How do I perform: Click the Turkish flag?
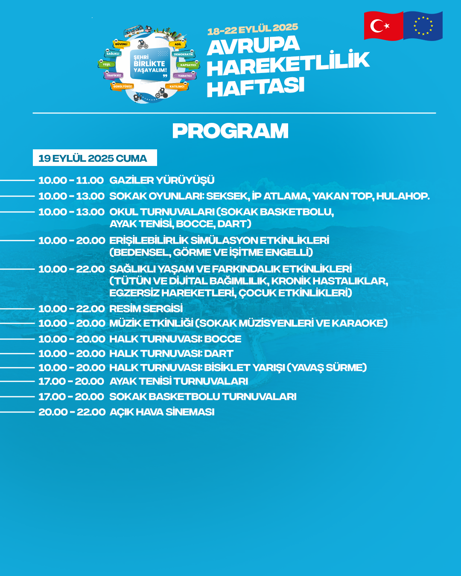[383, 26]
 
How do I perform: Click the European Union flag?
[423, 26]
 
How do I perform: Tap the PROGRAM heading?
[230, 131]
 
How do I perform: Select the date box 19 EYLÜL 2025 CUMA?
[95, 158]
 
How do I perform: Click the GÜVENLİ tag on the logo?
[121, 44]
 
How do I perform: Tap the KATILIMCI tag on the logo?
[177, 87]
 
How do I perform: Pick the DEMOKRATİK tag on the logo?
[184, 54]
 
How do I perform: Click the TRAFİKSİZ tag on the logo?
[114, 76]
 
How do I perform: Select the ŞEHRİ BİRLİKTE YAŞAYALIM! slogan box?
[150, 64]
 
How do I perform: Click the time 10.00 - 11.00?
[71, 180]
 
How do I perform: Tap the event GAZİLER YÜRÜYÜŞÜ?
[162, 180]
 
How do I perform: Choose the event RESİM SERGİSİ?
[146, 308]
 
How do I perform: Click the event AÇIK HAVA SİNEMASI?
[162, 412]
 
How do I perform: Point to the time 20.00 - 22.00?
[72, 412]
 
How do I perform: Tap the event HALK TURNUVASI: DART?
[171, 354]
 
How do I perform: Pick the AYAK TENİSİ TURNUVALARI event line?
[178, 381]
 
